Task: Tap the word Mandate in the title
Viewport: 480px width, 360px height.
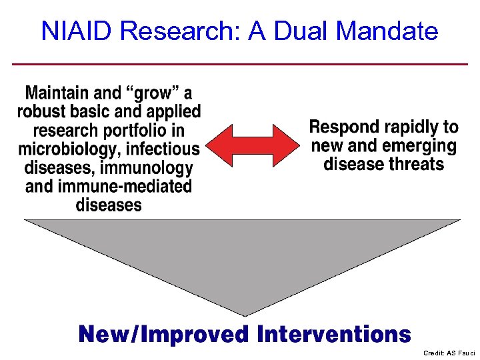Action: pyautogui.click(x=387, y=31)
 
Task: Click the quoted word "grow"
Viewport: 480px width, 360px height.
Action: pyautogui.click(x=153, y=93)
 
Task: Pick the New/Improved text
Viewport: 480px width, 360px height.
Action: pyautogui.click(x=164, y=333)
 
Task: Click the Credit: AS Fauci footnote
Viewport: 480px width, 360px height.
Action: pyautogui.click(x=449, y=353)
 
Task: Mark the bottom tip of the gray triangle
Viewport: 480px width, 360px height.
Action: pyautogui.click(x=245, y=315)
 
